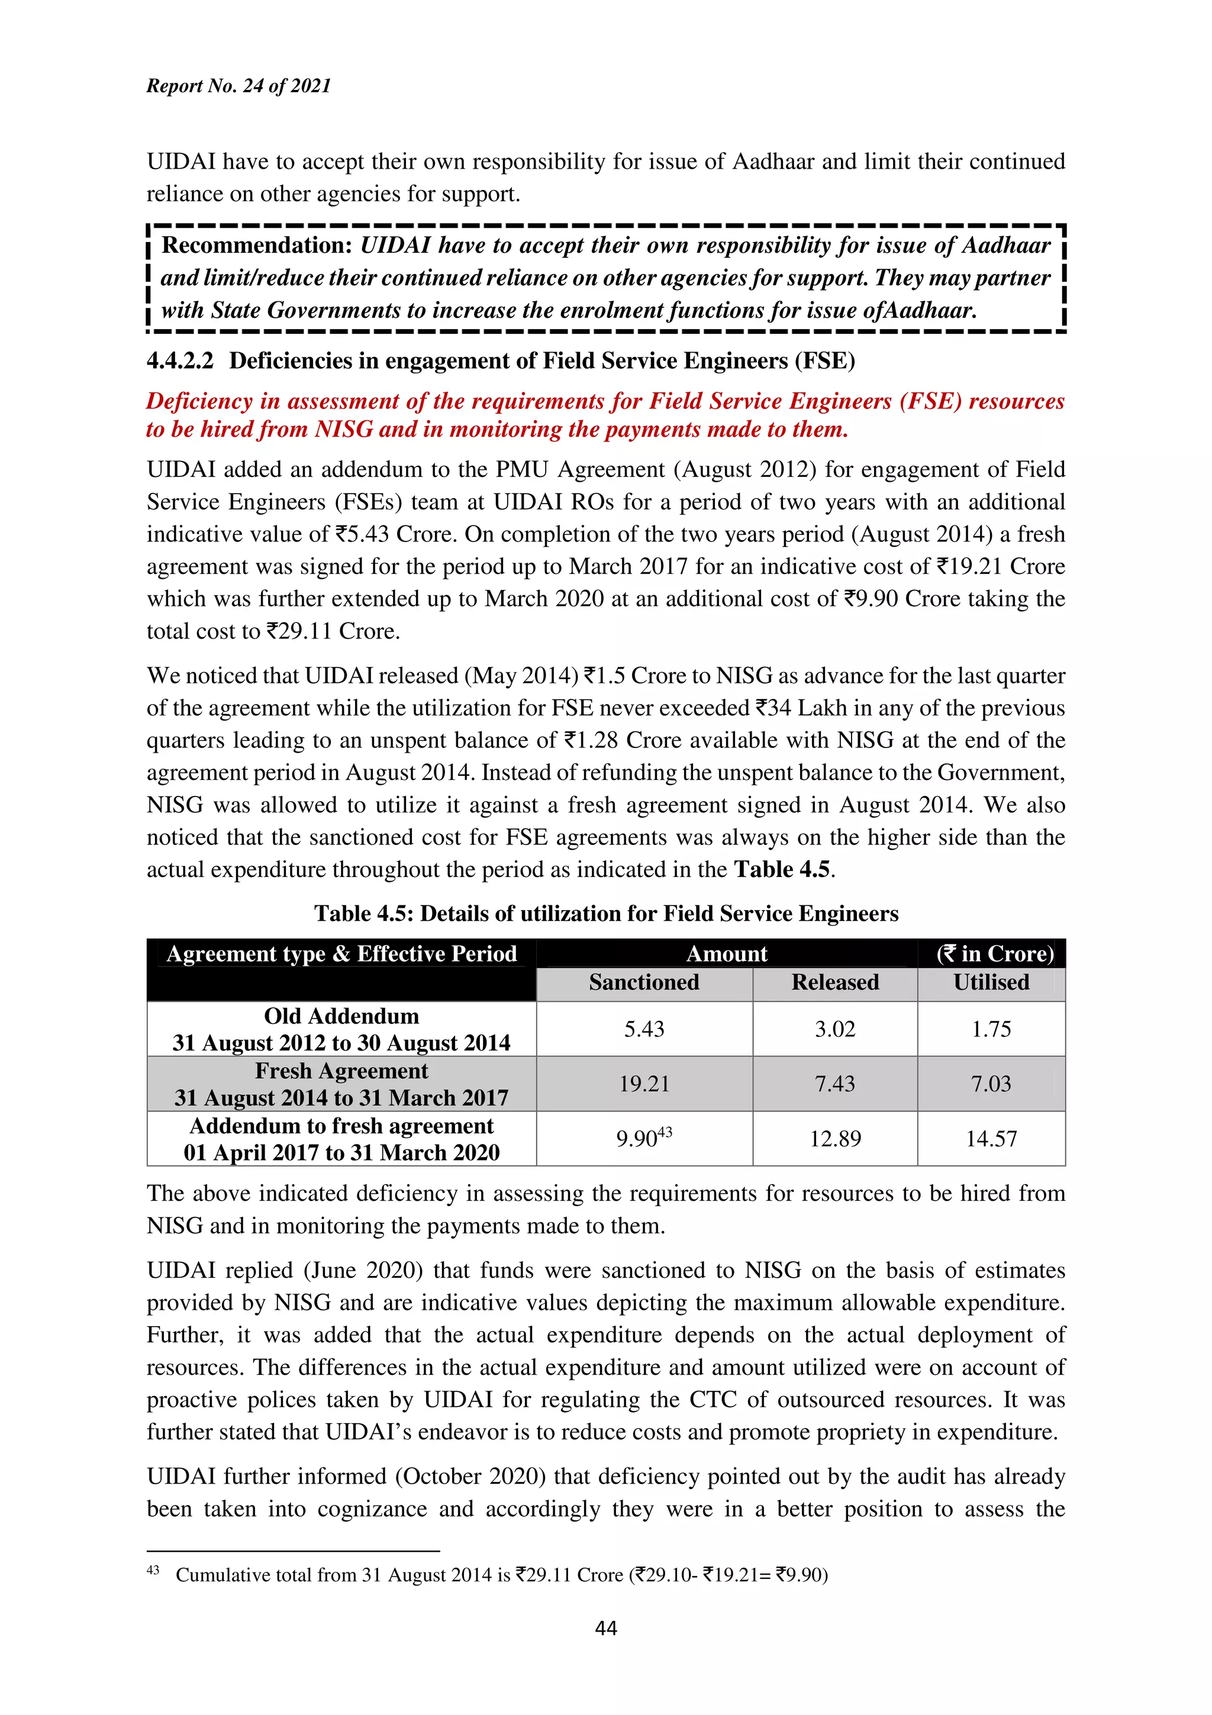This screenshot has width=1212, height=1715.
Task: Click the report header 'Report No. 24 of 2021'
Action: pyautogui.click(x=238, y=86)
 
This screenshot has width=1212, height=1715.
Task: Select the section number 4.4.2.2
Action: pyautogui.click(x=180, y=361)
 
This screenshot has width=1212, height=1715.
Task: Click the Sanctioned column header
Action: pyautogui.click(x=644, y=982)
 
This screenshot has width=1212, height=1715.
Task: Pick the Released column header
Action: pyautogui.click(x=835, y=982)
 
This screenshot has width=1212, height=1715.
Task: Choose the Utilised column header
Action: pyautogui.click(x=991, y=982)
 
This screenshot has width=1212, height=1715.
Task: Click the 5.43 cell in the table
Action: pyautogui.click(x=644, y=1029)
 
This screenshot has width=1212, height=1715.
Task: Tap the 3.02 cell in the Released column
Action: pyautogui.click(x=835, y=1029)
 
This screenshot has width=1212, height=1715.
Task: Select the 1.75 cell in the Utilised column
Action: pyautogui.click(x=991, y=1029)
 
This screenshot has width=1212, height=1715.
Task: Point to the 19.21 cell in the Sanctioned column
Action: pyautogui.click(x=644, y=1083)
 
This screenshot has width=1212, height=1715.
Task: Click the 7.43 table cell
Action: pyautogui.click(x=835, y=1083)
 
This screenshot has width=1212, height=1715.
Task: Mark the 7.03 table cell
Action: pyautogui.click(x=991, y=1083)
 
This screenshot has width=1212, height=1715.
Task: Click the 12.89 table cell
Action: pyautogui.click(x=835, y=1139)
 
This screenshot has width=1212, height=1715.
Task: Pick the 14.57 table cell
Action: pyautogui.click(x=991, y=1139)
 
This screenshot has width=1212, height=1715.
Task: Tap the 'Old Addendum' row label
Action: pyautogui.click(x=341, y=1016)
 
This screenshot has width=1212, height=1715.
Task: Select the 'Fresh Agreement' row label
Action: pyautogui.click(x=341, y=1071)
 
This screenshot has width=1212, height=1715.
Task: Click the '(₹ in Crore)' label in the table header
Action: pyautogui.click(x=995, y=954)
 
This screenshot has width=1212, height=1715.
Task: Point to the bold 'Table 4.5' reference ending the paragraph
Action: pyautogui.click(x=782, y=869)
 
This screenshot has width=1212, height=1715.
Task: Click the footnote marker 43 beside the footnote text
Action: pyautogui.click(x=153, y=1570)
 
